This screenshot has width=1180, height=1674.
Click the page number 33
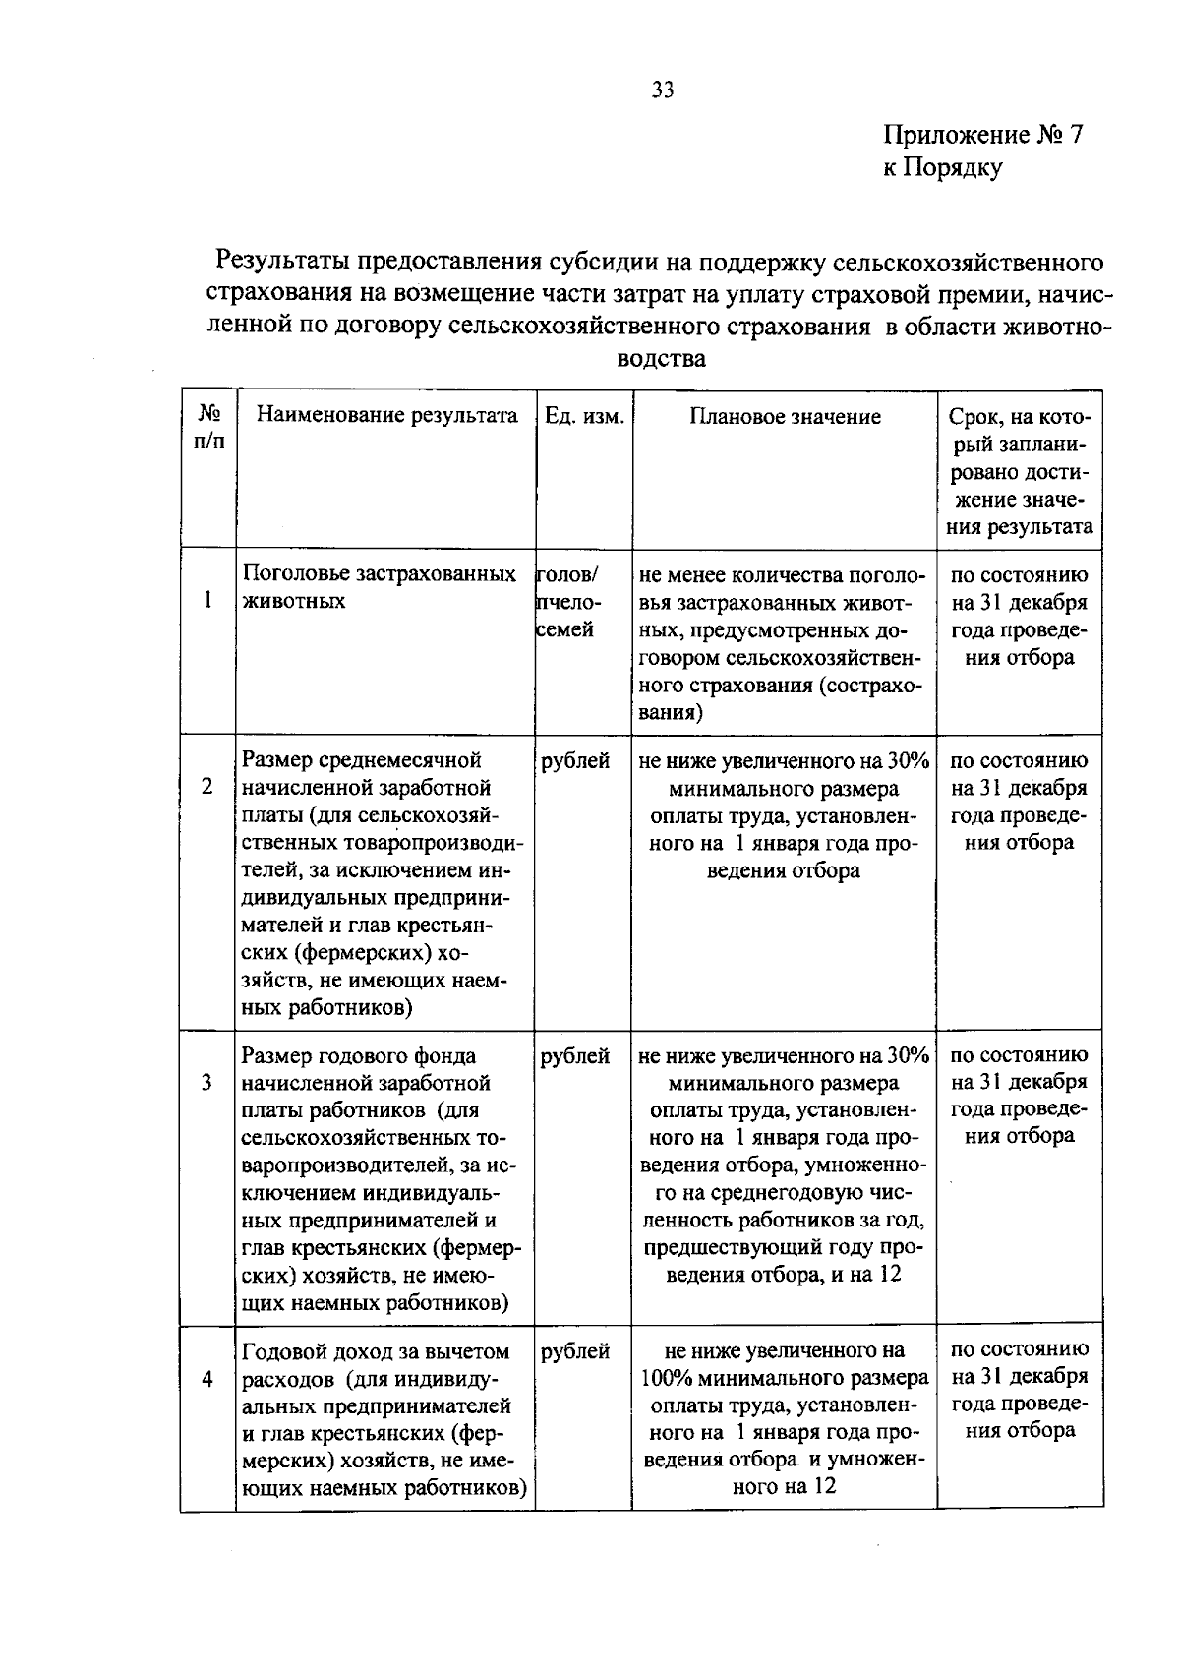[x=662, y=90]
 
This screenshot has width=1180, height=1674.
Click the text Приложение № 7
[x=981, y=135]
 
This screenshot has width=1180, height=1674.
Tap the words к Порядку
[x=942, y=168]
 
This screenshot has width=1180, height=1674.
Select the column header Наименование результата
[x=386, y=416]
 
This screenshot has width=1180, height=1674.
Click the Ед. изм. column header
[x=584, y=416]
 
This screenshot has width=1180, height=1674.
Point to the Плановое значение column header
[x=784, y=416]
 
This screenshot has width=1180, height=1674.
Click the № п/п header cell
[x=208, y=428]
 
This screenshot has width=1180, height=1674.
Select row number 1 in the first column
[x=207, y=599]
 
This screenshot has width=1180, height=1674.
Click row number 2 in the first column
[x=207, y=786]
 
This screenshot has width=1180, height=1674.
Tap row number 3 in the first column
[x=207, y=1082]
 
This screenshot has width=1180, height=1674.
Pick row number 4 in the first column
[x=207, y=1378]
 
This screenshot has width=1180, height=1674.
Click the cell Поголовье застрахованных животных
[x=380, y=587]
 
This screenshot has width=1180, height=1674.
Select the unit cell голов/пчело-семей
[x=568, y=601]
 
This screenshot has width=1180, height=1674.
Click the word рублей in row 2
[x=575, y=760]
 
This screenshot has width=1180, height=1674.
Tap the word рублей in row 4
[x=575, y=1351]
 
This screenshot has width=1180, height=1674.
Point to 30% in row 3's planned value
[x=908, y=1055]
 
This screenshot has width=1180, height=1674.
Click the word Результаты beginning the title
[x=282, y=262]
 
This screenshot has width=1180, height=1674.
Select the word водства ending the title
[x=661, y=359]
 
